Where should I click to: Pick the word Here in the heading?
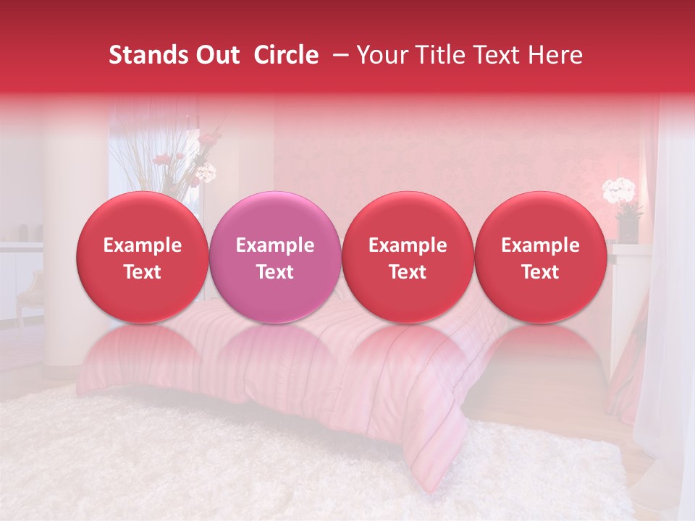(556, 55)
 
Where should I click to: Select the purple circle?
(275, 257)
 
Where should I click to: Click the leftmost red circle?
(143, 257)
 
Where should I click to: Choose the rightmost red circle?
(540, 257)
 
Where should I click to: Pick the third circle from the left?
(408, 257)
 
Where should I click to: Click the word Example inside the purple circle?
(275, 245)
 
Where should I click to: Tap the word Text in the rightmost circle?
(540, 272)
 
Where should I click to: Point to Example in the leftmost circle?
(143, 245)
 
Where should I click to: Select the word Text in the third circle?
(408, 272)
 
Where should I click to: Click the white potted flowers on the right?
(620, 191)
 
